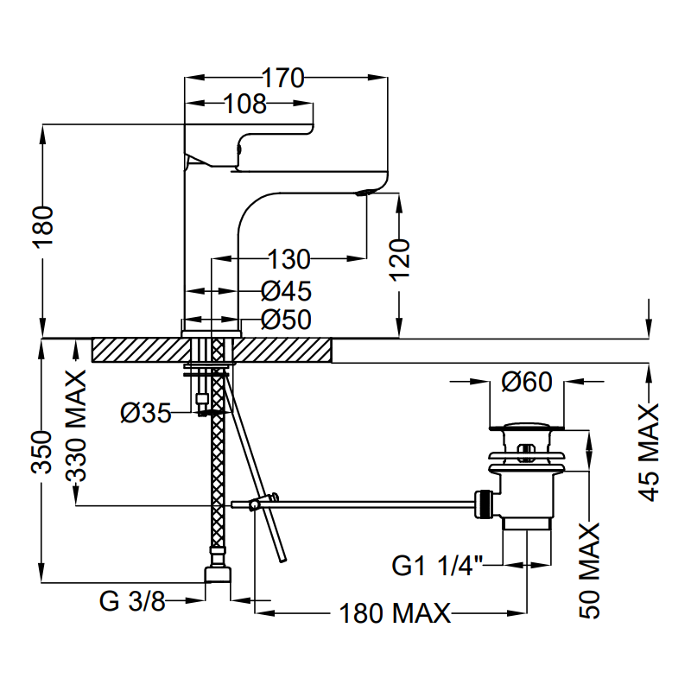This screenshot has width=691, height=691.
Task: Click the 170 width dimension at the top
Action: point(284,79)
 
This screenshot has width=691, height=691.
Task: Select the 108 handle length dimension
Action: point(245,105)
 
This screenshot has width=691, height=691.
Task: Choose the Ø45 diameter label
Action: point(285,291)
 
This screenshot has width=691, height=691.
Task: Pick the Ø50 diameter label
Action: point(285,320)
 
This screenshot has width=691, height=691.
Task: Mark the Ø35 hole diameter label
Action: point(145,414)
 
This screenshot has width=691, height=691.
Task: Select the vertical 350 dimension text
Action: point(42,449)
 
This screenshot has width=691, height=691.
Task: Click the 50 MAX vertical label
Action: point(590,570)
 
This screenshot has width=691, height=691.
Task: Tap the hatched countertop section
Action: point(138,350)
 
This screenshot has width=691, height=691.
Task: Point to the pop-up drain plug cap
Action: point(527,425)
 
